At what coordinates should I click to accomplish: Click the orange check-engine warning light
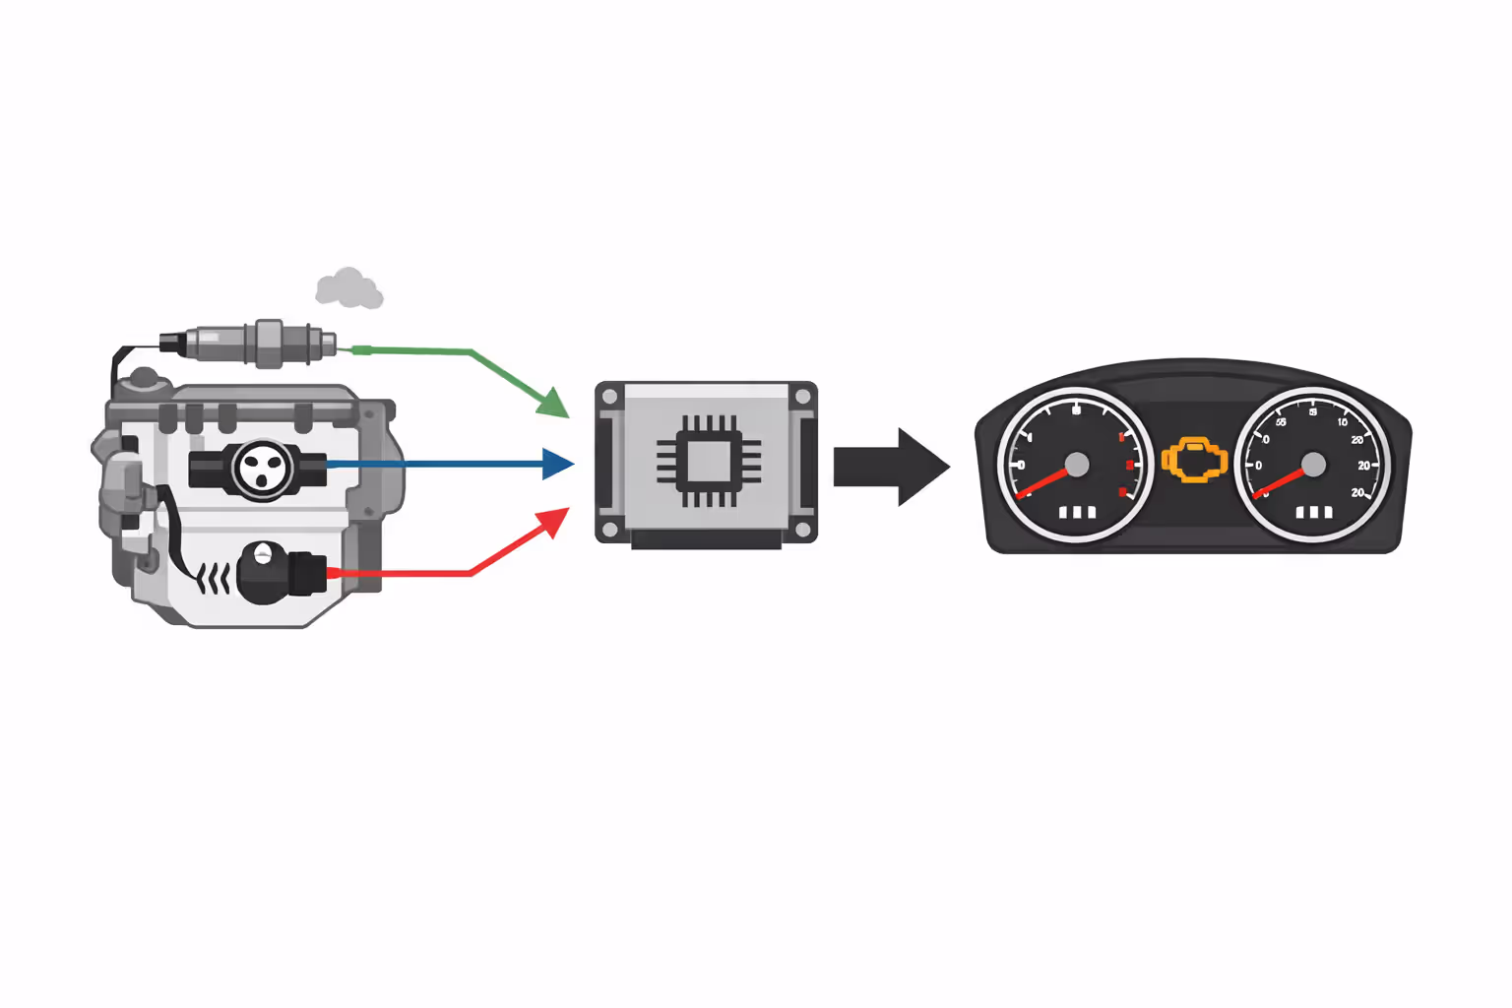(x=1194, y=460)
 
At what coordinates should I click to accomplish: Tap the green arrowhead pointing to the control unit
(x=553, y=403)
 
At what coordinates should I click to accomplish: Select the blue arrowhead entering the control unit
(x=557, y=464)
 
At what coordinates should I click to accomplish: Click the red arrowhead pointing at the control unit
(x=553, y=523)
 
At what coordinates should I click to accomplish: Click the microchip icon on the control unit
(x=708, y=462)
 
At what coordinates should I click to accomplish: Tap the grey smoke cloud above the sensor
(x=348, y=288)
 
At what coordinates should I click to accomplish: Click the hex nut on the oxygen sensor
(x=269, y=344)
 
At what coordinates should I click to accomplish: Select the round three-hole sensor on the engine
(x=263, y=469)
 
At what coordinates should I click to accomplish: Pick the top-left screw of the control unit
(x=610, y=397)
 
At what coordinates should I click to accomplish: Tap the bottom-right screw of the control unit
(x=802, y=531)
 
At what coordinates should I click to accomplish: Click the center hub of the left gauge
(x=1077, y=464)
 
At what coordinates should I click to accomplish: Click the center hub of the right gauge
(x=1313, y=464)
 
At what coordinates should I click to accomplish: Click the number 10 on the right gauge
(x=1342, y=421)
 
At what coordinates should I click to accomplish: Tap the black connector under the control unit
(x=706, y=539)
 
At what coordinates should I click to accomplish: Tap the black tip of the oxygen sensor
(x=172, y=343)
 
